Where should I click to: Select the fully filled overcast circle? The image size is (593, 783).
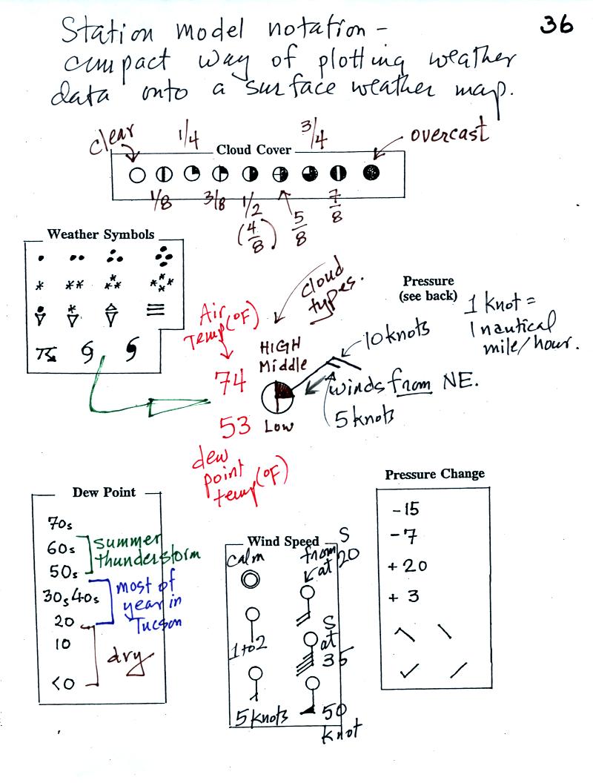click(x=370, y=172)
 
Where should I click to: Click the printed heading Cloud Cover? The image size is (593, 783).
click(x=254, y=150)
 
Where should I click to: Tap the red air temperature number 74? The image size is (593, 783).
click(x=231, y=383)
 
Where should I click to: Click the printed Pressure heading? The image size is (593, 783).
click(x=428, y=281)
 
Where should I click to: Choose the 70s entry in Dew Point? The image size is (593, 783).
click(x=57, y=523)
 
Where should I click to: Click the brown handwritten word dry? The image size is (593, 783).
click(x=130, y=657)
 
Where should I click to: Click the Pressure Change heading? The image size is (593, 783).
click(x=434, y=474)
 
